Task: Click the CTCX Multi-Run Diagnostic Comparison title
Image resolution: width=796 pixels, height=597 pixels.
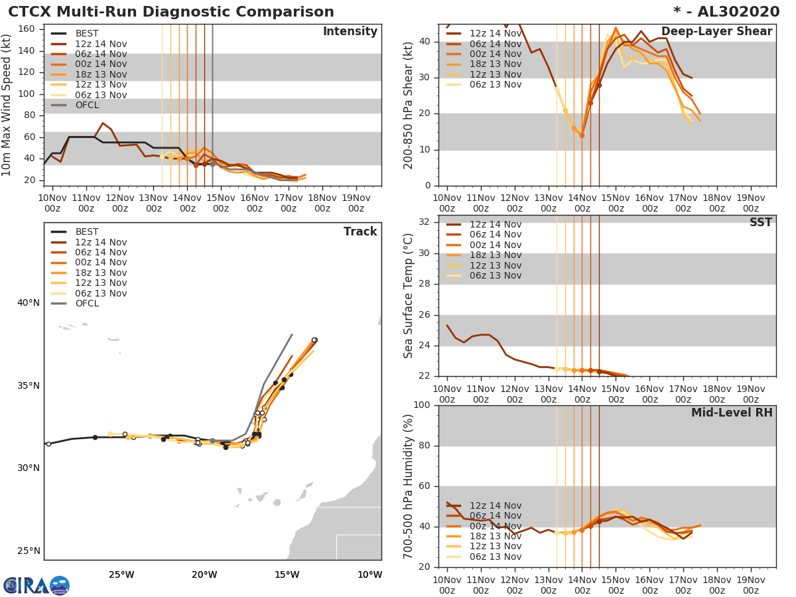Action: pos(171,12)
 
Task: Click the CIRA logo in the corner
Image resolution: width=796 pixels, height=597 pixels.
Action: pos(36,586)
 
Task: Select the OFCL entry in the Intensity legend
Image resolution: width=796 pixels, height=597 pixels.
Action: pos(88,105)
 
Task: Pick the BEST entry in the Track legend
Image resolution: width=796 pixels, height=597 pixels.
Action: pos(86,232)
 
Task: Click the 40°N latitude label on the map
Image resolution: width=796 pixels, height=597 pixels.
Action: pos(28,303)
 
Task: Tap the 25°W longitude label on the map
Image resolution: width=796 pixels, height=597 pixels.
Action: pos(121,574)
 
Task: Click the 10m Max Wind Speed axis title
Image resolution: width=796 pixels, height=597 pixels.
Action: pos(7,105)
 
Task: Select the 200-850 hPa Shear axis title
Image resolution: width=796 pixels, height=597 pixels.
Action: pos(409,105)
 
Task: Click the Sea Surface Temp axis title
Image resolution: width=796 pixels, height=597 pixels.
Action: pos(409,296)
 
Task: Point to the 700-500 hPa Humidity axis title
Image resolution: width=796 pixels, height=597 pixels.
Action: pos(409,486)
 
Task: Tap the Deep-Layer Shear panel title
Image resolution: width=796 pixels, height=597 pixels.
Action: pos(716,32)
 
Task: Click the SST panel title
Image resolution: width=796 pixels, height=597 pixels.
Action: pos(760,223)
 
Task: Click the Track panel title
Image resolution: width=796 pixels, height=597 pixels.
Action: pos(360,232)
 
